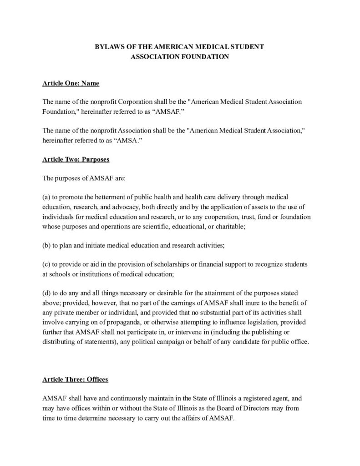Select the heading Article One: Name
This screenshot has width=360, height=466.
71,84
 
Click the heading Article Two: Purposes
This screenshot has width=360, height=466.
76,160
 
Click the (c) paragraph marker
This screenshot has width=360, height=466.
47,264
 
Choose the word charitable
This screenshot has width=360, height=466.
229,226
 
